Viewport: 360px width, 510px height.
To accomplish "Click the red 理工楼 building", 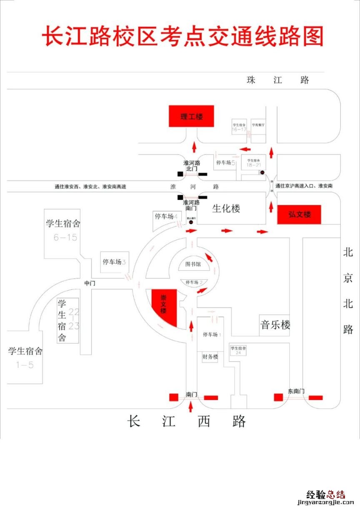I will click(x=191, y=116).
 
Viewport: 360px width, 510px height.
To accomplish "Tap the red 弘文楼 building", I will click(x=299, y=215).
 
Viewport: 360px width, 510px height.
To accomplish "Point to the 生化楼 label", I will click(x=226, y=209).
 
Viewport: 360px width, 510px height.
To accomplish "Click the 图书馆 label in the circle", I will click(x=193, y=264).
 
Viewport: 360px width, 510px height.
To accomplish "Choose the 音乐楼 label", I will click(x=275, y=325).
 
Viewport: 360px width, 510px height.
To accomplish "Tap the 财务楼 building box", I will click(x=210, y=357).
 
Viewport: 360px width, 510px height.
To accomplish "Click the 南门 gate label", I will click(x=192, y=394).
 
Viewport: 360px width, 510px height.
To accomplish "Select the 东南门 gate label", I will click(x=296, y=391).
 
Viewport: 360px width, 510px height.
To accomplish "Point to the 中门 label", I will click(x=90, y=283).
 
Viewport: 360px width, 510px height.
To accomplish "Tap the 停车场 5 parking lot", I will click(x=225, y=162).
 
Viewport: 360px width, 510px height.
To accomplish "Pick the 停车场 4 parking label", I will click(x=166, y=216).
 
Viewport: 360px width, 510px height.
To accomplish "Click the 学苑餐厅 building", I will click(x=258, y=125).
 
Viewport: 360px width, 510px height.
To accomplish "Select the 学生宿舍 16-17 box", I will click(x=239, y=127).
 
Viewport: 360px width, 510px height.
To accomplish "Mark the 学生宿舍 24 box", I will click(x=238, y=350).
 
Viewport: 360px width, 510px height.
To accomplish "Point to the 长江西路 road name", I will click(x=187, y=422).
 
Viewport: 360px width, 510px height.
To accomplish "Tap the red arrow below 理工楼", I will click(x=194, y=147).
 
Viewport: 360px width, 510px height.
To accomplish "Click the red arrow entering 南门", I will click(x=191, y=407).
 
